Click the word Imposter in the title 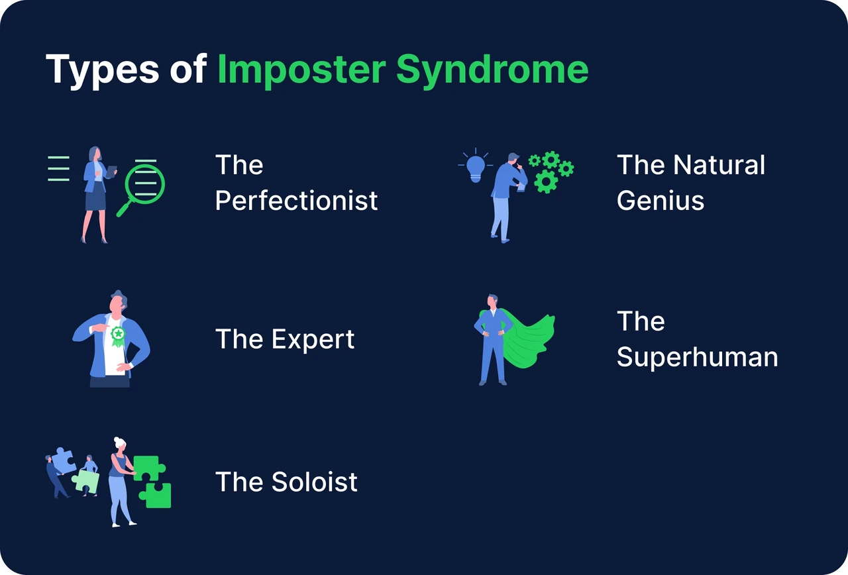click(301, 70)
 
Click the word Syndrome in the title click(492, 70)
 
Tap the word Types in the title click(103, 70)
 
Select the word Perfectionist click(296, 201)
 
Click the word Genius click(661, 201)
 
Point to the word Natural click(719, 165)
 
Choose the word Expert click(313, 340)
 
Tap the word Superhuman click(698, 357)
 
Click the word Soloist click(315, 482)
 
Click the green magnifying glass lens click(145, 183)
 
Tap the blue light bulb click(476, 169)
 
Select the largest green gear click(546, 182)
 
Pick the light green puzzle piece click(85, 481)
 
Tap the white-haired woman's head click(120, 444)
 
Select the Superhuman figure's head click(492, 301)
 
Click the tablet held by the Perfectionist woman click(112, 171)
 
